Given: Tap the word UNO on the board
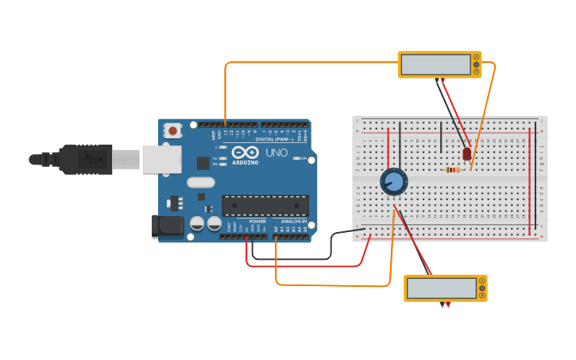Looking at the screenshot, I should coord(276,152).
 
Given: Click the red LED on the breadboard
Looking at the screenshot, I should coord(466,153).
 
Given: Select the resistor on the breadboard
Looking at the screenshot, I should coord(454,169).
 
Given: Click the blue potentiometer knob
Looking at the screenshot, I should coord(393,181).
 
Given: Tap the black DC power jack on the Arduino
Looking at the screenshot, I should coord(167,226).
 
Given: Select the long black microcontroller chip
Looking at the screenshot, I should coord(265,206).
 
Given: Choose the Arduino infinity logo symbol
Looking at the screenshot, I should coord(246,152).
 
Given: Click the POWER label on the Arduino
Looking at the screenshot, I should coord(257,222).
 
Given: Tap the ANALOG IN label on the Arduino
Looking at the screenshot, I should coord(292,222).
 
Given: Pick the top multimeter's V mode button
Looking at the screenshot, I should coord(477,64).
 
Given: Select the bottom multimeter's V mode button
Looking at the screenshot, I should coord(481,288).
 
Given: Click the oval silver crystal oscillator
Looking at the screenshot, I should coord(201,182).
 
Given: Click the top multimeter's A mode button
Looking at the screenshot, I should coord(477,56).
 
